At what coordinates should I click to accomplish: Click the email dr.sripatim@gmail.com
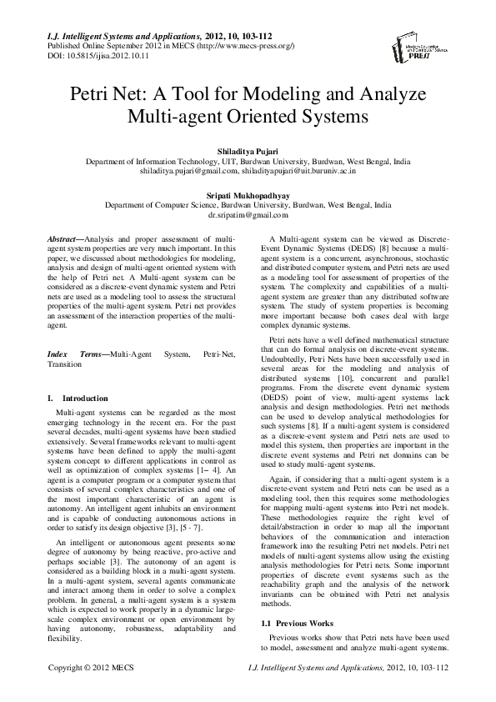click(x=248, y=214)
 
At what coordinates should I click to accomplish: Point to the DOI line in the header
click(x=79, y=55)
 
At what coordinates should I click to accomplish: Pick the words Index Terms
click(x=79, y=354)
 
